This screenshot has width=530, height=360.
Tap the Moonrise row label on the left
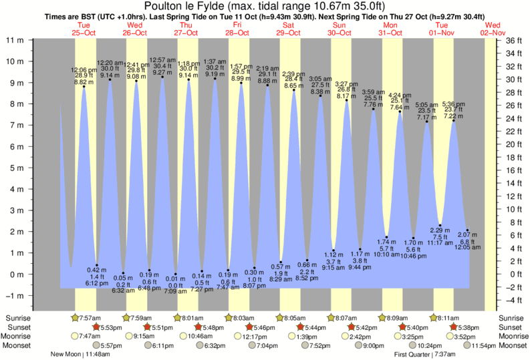(17, 336)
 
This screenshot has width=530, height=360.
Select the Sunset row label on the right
(512, 327)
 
